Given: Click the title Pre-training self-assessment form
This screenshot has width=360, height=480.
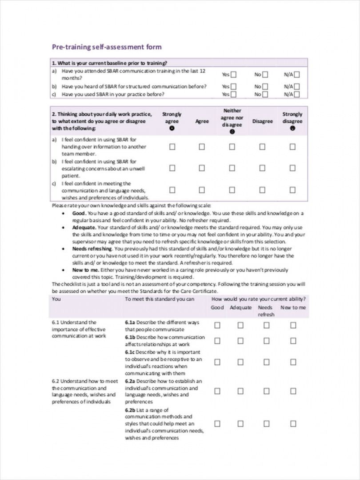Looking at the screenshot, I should [107, 47].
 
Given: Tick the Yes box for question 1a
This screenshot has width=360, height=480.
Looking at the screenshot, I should [234, 75].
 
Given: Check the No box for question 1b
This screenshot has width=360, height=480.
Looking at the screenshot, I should [265, 87].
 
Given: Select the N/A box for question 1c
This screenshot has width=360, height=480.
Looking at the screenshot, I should [297, 94].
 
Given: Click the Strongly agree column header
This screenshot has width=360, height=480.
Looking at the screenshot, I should [172, 118].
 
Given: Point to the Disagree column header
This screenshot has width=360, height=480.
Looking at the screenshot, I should [262, 121].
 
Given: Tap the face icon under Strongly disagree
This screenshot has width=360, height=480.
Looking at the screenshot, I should [292, 128].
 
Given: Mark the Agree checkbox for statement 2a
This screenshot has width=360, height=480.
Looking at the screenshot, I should [202, 147].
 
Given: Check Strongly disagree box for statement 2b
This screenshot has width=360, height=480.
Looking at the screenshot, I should [292, 168].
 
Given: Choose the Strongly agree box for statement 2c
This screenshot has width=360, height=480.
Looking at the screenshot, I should [172, 190].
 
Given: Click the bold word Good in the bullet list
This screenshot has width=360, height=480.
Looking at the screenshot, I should [78, 213].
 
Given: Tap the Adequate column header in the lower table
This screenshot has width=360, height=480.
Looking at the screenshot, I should [240, 308].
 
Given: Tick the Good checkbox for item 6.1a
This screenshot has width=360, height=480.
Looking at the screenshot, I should [217, 325].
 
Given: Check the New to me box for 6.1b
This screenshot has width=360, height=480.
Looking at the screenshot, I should [293, 341].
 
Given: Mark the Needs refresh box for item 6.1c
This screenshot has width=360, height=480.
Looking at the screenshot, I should [266, 362].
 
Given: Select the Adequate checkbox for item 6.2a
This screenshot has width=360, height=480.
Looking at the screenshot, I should [240, 391].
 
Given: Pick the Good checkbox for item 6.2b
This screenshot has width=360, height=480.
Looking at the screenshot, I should [217, 424].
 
